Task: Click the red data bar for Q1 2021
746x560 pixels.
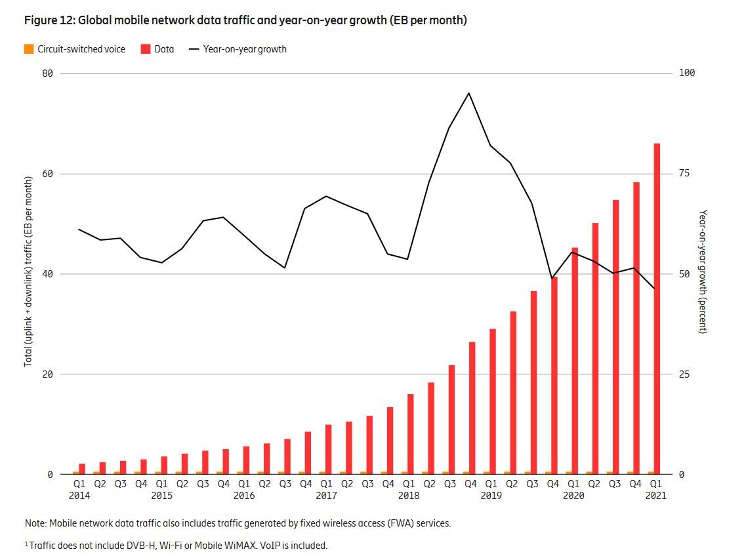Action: click(657, 308)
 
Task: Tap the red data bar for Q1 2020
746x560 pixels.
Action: click(575, 361)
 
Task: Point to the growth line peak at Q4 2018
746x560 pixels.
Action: click(468, 93)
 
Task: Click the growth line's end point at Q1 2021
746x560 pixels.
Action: click(653, 289)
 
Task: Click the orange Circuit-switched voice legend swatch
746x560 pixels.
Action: click(29, 49)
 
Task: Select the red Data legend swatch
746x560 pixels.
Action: click(146, 49)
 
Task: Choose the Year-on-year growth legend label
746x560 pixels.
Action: click(245, 49)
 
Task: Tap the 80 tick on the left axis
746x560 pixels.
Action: click(47, 73)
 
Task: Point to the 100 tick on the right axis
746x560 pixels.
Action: click(686, 73)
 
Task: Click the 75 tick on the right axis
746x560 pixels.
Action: click(684, 174)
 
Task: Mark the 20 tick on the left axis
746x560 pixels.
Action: click(47, 374)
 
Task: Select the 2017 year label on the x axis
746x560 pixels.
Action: click(326, 496)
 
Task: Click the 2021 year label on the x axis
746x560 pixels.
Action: click(655, 496)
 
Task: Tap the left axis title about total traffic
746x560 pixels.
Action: click(29, 271)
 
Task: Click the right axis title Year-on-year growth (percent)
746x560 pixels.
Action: click(703, 271)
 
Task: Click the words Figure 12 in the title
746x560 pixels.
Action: click(50, 20)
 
